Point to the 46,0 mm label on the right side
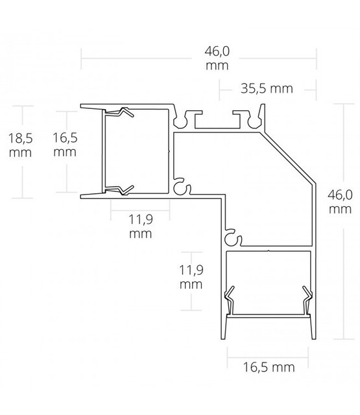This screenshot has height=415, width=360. (340, 202)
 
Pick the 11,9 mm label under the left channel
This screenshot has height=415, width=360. (139, 226)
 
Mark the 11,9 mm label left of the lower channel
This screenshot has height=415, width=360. (191, 276)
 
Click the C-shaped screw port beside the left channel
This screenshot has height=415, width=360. (180, 187)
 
